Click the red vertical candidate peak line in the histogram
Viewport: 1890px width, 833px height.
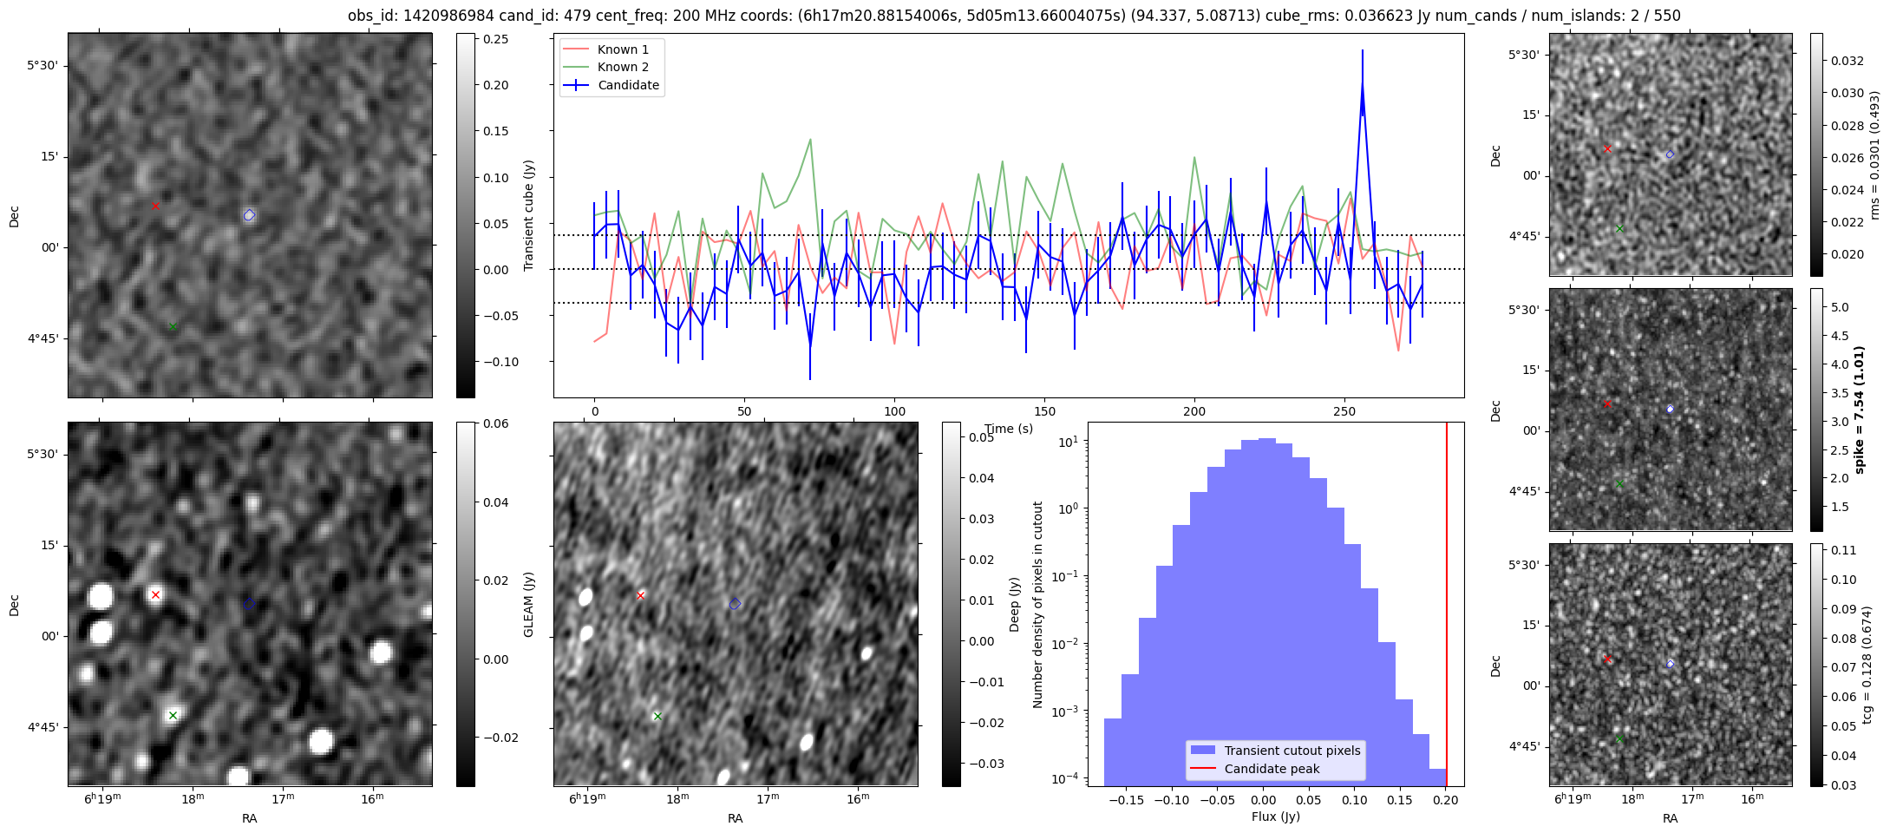1446,607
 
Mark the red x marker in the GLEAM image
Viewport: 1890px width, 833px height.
155,594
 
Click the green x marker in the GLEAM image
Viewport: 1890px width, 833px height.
173,715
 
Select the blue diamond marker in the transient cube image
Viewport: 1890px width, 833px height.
249,215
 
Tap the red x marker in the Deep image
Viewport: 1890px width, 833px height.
641,595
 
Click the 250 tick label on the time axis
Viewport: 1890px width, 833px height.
1344,411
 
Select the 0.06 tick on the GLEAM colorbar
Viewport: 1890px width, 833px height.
495,423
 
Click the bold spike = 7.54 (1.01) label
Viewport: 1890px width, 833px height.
1859,410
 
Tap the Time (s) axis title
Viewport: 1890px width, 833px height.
1008,429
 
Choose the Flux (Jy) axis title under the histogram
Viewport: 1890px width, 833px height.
1275,817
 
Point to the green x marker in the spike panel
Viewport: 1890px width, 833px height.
1619,483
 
